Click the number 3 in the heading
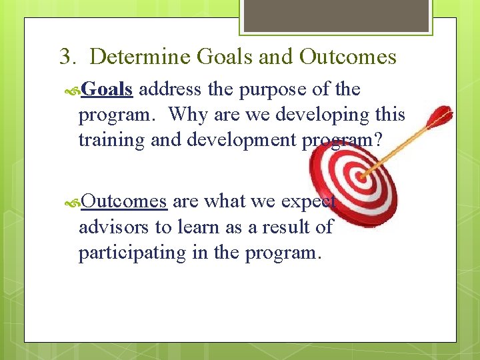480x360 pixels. coord(65,57)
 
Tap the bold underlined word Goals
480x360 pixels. coord(107,89)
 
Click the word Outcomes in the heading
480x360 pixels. coord(347,57)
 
